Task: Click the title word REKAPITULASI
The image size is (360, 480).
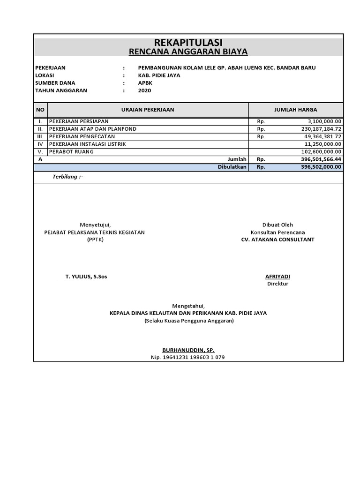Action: (188, 43)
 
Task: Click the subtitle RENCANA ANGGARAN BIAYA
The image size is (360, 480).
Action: (188, 52)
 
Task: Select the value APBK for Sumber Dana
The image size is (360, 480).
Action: (142, 83)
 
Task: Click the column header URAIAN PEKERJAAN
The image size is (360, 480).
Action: (148, 110)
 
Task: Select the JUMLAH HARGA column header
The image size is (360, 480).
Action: (295, 110)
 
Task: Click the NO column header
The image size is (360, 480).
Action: (40, 110)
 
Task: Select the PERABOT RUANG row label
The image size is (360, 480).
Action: (71, 152)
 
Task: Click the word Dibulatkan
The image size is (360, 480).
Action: (232, 167)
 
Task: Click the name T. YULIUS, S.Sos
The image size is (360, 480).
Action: (86, 277)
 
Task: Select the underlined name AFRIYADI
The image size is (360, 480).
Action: (277, 277)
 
